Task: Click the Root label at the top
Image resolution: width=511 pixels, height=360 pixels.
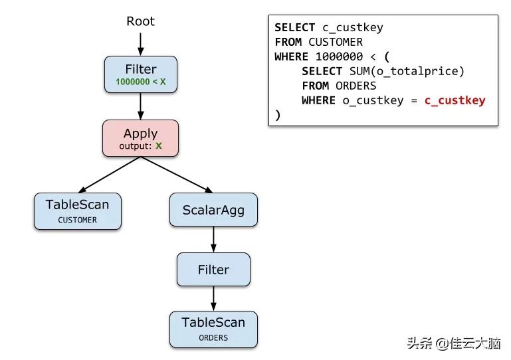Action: (140, 21)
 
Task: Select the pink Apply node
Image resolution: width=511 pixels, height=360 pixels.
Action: (140, 138)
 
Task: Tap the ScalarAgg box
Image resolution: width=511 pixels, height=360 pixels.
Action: (213, 210)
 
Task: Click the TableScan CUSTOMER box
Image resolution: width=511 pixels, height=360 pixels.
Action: (77, 211)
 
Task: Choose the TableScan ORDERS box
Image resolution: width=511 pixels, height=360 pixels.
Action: (213, 329)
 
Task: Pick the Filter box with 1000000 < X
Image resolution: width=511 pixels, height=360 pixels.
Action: (140, 74)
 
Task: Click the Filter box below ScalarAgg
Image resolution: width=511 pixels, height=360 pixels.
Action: (213, 270)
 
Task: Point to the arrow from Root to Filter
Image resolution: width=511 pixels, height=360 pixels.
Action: (140, 43)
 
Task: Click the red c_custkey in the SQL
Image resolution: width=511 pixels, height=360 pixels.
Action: (455, 100)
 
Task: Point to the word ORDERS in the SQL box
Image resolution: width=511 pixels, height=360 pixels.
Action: (356, 86)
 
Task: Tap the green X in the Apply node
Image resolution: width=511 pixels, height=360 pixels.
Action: (159, 145)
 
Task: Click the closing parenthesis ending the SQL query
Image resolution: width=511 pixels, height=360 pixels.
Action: (278, 115)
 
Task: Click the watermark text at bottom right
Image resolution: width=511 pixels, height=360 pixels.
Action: (454, 343)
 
